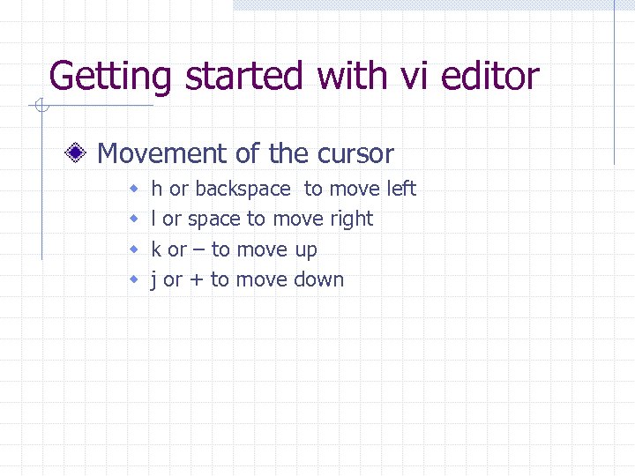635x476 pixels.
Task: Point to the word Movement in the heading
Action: (162, 153)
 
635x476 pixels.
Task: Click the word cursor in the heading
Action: (354, 154)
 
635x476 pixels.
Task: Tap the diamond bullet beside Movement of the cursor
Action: (78, 154)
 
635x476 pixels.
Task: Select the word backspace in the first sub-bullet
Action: (243, 189)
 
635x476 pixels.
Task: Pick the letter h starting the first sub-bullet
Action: (157, 189)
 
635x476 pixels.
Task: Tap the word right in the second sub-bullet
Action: (351, 219)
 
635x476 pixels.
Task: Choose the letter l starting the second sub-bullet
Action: (154, 219)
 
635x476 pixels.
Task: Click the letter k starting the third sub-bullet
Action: (157, 249)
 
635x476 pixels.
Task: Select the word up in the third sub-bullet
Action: (305, 251)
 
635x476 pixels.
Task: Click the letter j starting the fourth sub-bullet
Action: (154, 280)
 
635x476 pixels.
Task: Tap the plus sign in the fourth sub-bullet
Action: (196, 280)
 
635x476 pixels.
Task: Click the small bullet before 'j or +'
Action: (135, 280)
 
